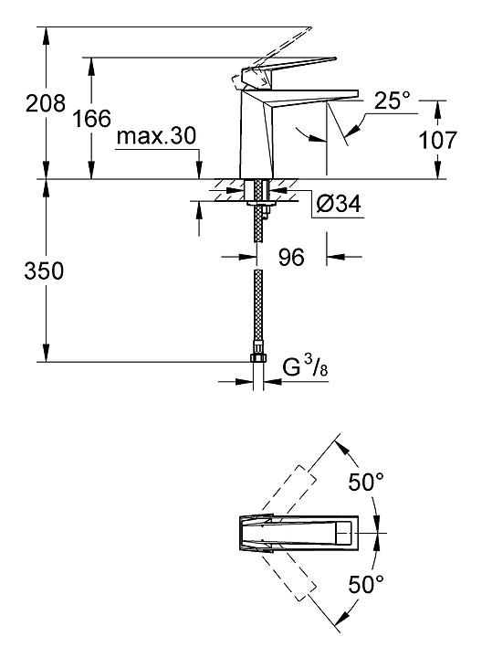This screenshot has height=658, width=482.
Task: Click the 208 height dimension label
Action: coord(46,103)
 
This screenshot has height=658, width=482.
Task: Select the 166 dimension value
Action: coord(92,118)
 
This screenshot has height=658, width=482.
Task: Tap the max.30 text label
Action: coord(156,136)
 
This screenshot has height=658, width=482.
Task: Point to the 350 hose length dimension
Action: coord(44,271)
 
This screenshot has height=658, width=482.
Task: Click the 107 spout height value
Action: coord(437,140)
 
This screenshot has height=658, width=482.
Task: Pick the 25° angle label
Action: coord(392,101)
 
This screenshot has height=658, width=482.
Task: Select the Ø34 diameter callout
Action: coord(339,205)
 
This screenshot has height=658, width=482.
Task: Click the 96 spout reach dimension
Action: coord(291,257)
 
